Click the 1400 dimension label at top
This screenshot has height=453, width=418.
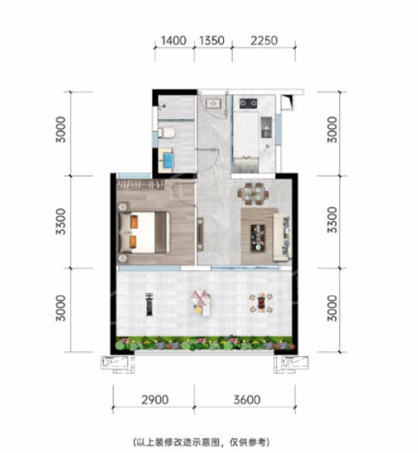click(x=173, y=41)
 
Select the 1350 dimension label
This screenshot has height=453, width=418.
click(x=212, y=41)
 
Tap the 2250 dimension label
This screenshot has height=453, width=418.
click(x=264, y=41)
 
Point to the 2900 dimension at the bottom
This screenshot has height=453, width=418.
click(x=155, y=400)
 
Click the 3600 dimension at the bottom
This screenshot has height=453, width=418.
click(x=247, y=400)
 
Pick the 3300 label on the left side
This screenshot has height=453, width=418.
click(x=61, y=222)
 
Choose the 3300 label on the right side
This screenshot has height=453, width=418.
click(x=333, y=220)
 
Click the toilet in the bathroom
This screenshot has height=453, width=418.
click(x=167, y=134)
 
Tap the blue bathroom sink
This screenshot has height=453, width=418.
click(x=168, y=159)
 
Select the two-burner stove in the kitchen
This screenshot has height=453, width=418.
click(x=248, y=103)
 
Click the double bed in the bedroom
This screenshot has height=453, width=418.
click(x=144, y=233)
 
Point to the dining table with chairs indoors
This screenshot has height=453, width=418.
click(x=253, y=193)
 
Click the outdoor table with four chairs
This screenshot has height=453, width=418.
click(x=261, y=303)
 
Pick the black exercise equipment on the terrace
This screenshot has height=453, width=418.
click(x=149, y=304)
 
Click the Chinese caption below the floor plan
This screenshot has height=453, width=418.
click(x=201, y=442)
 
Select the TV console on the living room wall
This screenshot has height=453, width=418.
click(x=200, y=235)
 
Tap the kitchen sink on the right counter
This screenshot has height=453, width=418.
click(x=266, y=127)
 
